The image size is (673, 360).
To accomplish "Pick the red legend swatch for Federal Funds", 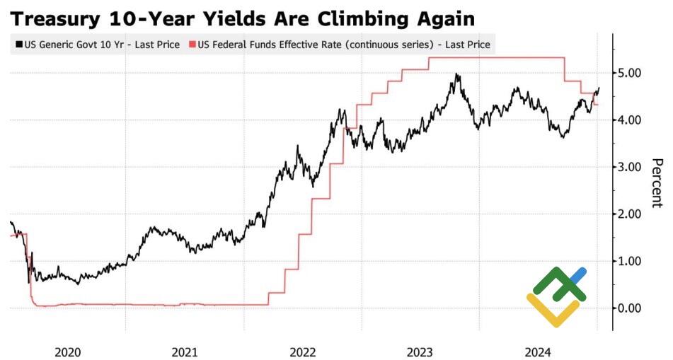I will pyautogui.click(x=192, y=45).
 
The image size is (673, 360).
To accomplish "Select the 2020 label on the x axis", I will pyautogui.click(x=67, y=351).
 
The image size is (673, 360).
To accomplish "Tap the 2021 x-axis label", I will pyautogui.click(x=185, y=351).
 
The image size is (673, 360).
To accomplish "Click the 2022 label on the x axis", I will pyautogui.click(x=303, y=351).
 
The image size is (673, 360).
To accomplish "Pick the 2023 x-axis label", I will pyautogui.click(x=420, y=351).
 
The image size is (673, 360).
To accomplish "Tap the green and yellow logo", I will pyautogui.click(x=557, y=297).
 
